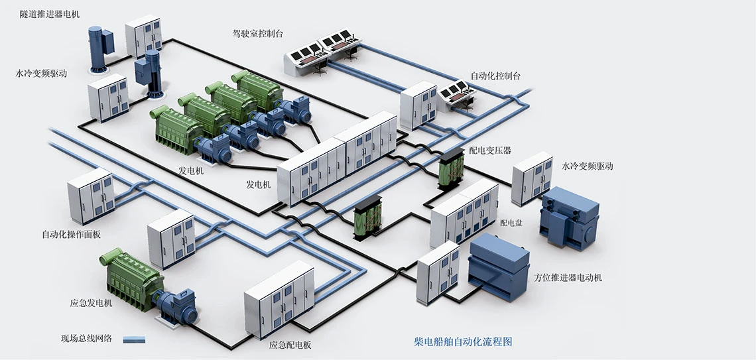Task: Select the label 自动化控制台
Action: [495, 76]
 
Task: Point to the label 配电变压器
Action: [490, 150]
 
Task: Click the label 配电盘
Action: [511, 223]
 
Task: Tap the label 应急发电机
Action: [91, 303]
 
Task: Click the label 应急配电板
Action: [290, 345]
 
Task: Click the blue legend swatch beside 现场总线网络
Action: [133, 339]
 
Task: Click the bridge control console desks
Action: [323, 52]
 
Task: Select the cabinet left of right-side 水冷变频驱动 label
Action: [532, 177]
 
